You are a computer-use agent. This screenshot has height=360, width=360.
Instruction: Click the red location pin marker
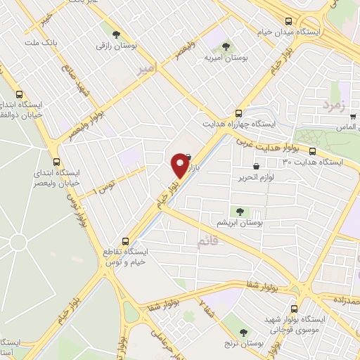pos(180,167)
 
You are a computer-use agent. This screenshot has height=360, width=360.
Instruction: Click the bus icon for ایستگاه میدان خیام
pos(288,21)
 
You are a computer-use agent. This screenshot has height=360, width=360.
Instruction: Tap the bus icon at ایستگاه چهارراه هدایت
pos(239,112)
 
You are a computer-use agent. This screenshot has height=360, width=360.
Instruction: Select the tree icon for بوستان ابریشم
pos(240,210)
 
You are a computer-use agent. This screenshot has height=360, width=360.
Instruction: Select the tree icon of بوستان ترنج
pos(244,333)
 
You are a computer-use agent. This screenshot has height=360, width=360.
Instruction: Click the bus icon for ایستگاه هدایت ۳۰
pos(311,151)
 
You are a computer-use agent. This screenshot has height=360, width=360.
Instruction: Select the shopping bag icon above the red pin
pos(187,157)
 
